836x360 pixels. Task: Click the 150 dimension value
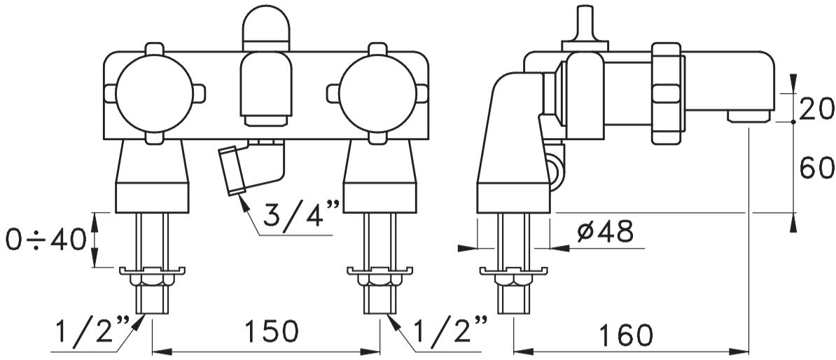point(272,333)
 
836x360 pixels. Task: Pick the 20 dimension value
point(815,109)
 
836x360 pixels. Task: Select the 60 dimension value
point(815,168)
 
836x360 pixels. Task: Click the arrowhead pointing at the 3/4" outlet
point(243,202)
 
